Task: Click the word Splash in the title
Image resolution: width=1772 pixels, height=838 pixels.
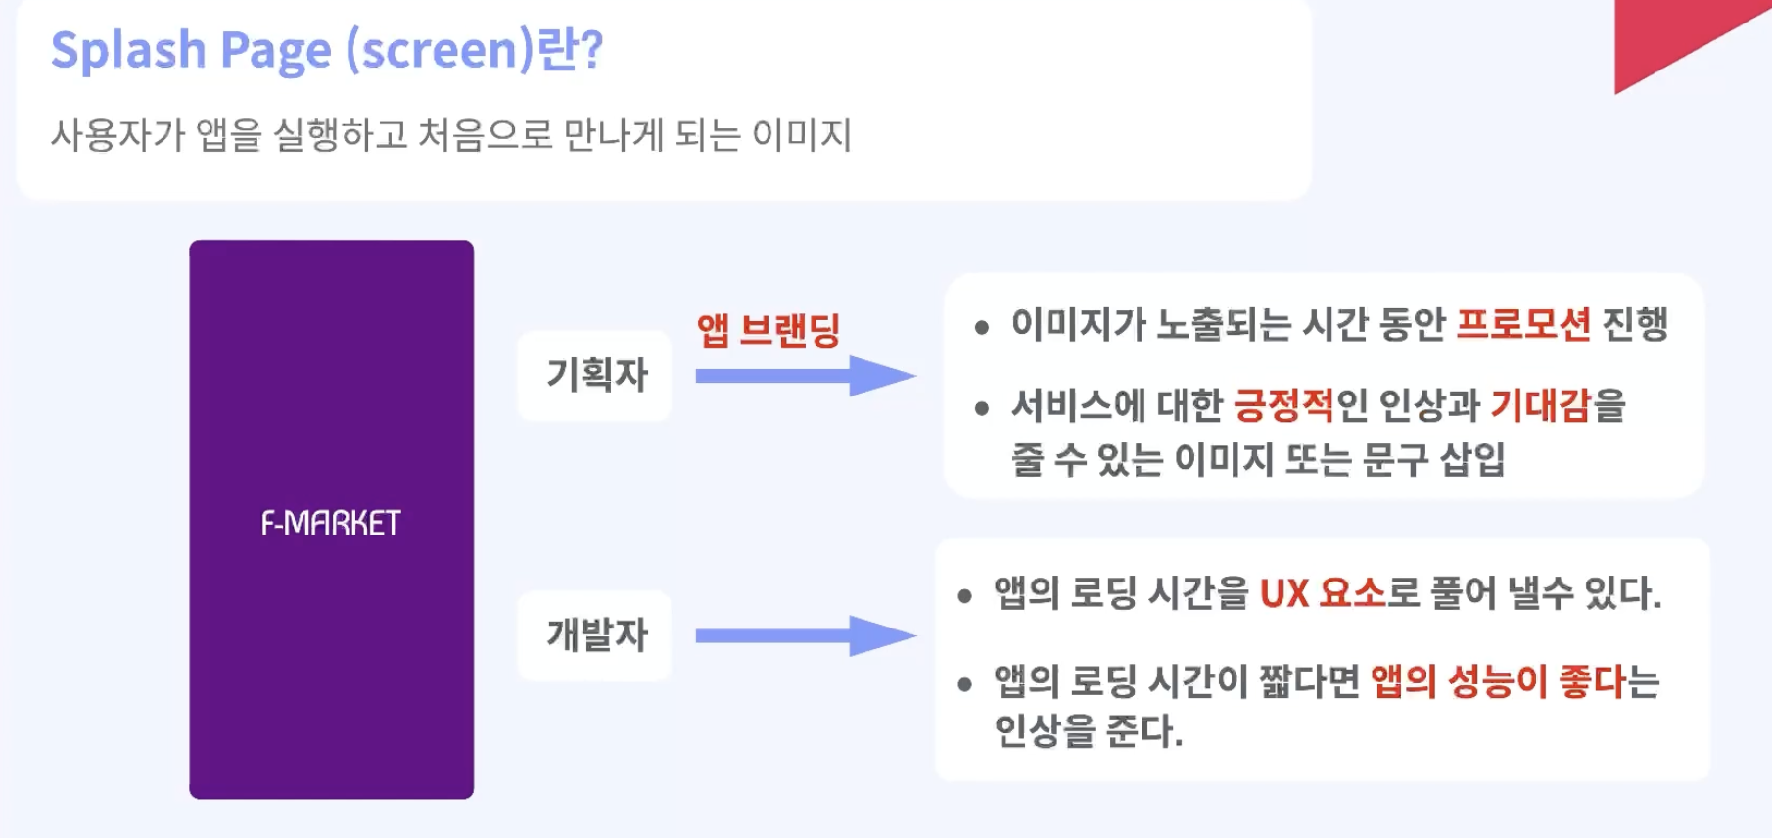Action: point(127,50)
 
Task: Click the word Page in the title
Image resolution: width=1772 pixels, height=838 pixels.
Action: point(275,51)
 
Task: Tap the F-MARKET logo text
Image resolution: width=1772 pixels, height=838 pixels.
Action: point(331,524)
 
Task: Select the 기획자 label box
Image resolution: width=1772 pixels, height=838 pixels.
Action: point(595,375)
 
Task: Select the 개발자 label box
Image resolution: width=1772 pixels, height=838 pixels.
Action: point(595,635)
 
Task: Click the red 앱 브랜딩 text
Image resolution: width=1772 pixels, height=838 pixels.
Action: point(769,330)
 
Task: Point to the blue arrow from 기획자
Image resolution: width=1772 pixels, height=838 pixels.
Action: point(803,376)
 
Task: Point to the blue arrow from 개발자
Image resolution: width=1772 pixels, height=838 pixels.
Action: point(803,636)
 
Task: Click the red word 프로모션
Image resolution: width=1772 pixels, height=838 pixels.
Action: point(1522,324)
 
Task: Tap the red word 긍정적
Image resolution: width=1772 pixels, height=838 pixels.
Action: point(1283,405)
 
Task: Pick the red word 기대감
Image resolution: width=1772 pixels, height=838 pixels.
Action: point(1541,405)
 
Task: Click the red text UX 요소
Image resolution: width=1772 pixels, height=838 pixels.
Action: point(1323,593)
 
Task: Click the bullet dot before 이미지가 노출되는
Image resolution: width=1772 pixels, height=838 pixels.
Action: point(982,328)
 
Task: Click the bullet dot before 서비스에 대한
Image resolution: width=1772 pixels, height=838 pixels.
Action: point(982,409)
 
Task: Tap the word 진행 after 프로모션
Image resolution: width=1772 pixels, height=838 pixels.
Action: point(1634,324)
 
